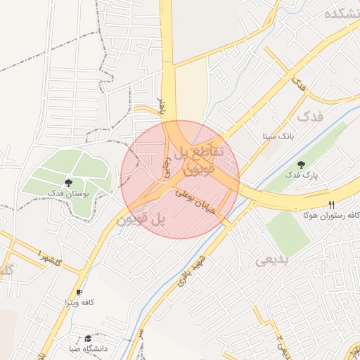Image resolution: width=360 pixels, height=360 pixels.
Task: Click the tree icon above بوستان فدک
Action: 68,183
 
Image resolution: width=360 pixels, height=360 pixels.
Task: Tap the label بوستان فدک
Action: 67,193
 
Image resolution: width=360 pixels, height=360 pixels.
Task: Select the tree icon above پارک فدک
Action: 302,165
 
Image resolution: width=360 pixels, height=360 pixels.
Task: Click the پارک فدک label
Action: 302,174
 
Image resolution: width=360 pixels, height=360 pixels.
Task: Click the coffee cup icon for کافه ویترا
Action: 79,292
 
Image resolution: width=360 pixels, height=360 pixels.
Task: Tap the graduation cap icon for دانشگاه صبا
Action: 87,338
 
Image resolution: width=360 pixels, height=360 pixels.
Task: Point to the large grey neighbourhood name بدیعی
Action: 271,260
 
